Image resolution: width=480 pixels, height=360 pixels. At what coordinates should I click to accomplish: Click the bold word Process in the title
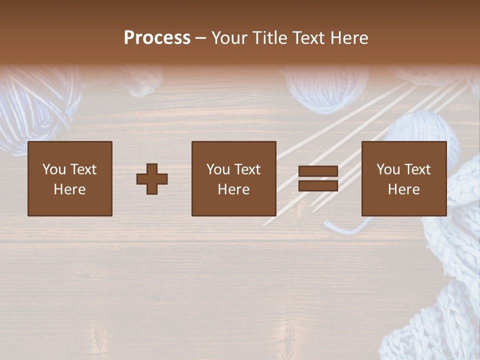click(157, 38)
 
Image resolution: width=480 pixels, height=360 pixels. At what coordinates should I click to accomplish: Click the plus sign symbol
click(152, 179)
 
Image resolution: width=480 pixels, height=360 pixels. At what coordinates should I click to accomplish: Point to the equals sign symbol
click(318, 178)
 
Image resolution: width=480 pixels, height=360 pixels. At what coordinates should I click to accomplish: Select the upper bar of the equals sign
click(318, 171)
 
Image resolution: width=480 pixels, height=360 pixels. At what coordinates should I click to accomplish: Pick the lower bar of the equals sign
click(318, 186)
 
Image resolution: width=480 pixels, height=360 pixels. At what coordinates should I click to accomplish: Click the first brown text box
click(70, 178)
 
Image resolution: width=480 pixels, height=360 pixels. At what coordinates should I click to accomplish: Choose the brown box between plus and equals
click(234, 178)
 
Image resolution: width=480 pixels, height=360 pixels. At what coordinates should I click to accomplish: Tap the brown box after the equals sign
click(404, 178)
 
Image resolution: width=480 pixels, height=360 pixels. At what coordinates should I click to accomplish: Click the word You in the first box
click(54, 169)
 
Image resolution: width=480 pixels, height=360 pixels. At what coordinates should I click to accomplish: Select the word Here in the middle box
click(234, 189)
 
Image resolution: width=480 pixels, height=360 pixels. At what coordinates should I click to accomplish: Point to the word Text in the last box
click(417, 169)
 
